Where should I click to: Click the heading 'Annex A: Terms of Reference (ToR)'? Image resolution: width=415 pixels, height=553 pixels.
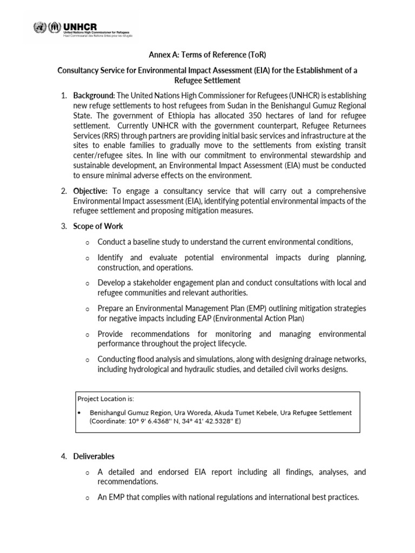coord(207,55)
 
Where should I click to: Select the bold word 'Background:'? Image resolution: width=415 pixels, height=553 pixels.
coord(93,96)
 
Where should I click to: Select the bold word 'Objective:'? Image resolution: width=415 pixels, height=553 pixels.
coord(91,191)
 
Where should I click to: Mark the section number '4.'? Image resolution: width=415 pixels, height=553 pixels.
coord(64,456)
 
